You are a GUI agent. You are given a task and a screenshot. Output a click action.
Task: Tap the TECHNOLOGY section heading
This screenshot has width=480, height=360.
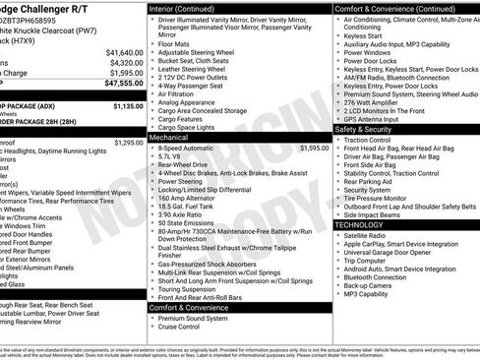point(359,225)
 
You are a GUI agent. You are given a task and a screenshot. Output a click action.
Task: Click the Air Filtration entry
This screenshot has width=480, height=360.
point(181,92)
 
